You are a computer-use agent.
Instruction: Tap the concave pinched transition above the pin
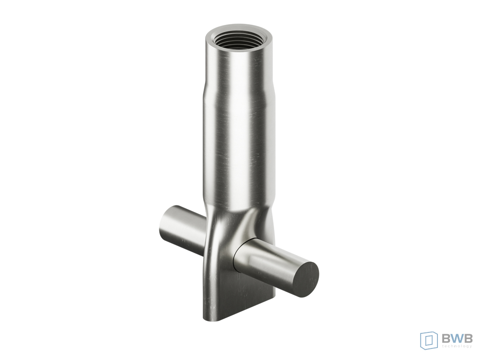tap(246, 221)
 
